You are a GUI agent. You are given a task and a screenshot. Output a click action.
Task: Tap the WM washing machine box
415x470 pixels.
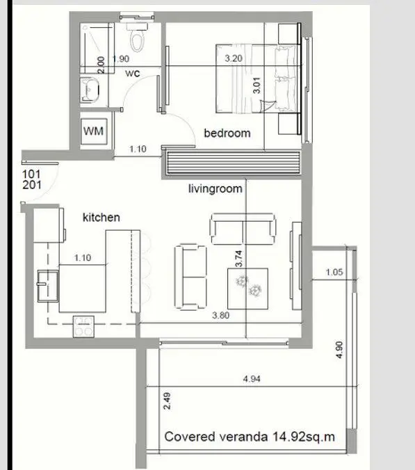[x=94, y=131]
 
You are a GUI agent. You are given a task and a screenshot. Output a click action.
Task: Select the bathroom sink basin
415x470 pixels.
[x=90, y=90]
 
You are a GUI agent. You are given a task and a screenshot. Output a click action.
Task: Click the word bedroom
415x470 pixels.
[x=227, y=133]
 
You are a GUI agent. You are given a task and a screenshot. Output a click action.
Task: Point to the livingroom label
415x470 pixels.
[x=215, y=189]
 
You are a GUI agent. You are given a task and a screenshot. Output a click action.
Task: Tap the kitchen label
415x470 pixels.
[x=101, y=218]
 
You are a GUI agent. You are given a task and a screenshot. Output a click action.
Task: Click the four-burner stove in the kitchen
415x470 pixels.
[x=83, y=327]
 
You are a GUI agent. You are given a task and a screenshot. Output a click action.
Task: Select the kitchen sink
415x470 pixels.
[x=48, y=286]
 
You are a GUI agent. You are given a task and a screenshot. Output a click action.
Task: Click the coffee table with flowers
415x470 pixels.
[x=247, y=289]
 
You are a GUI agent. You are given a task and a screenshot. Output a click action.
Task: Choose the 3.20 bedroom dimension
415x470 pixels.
[x=234, y=58]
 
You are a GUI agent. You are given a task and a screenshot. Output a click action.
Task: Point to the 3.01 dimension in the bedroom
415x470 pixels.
[x=257, y=86]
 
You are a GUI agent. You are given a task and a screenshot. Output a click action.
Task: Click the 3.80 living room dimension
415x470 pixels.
[x=220, y=316]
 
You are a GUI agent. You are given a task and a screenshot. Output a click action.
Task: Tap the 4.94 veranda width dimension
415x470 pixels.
[x=252, y=379]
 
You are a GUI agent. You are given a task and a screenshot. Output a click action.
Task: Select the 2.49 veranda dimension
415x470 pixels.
[x=168, y=401]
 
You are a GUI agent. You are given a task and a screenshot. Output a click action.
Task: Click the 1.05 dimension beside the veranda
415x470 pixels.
[x=334, y=272]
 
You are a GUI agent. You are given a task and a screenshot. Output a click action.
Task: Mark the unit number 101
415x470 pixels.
[x=31, y=174]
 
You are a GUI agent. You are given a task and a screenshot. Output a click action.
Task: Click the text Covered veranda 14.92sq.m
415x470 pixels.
[x=250, y=437]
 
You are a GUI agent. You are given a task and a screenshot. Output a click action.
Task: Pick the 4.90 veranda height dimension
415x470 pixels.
[x=339, y=350]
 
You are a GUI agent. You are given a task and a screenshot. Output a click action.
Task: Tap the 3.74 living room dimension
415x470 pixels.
[x=238, y=259]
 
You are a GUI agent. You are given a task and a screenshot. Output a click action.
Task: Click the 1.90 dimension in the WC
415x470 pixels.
[x=121, y=58]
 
